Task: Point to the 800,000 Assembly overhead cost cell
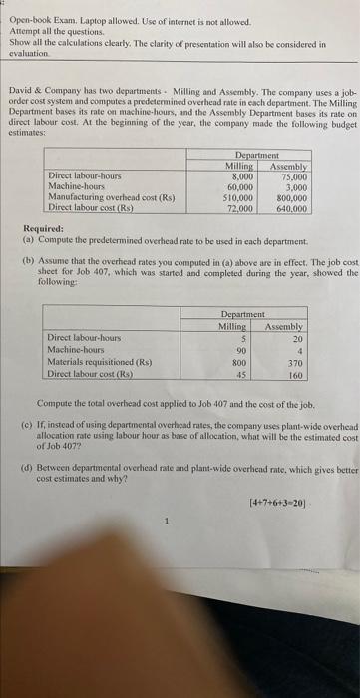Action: coord(291,198)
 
